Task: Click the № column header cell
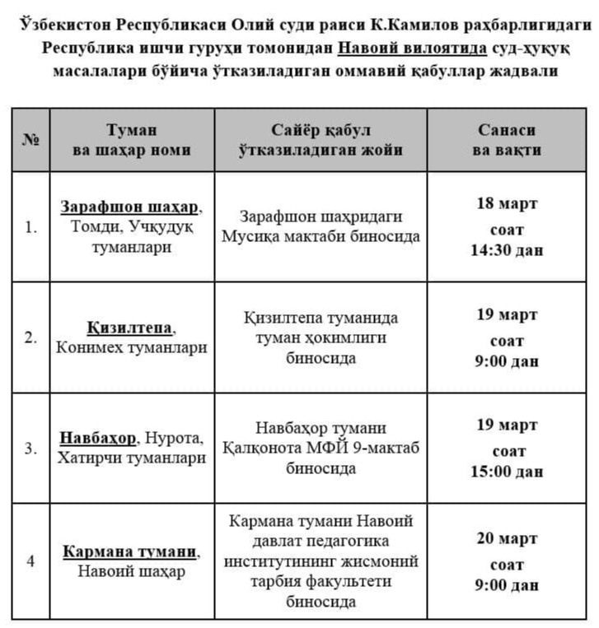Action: (x=30, y=140)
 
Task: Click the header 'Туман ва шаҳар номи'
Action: (x=132, y=140)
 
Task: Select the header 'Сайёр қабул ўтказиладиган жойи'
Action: (x=321, y=140)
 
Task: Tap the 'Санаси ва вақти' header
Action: (x=507, y=140)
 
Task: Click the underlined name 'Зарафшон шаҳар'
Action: (x=129, y=206)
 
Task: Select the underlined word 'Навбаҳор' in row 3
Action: (x=97, y=437)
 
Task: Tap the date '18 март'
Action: (x=507, y=203)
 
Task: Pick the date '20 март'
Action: (x=507, y=539)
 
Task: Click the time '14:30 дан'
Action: (x=507, y=250)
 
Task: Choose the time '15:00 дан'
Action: (x=507, y=472)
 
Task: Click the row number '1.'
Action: (x=30, y=227)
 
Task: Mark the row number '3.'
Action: (x=30, y=449)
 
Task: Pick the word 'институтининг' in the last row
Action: (x=281, y=561)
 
